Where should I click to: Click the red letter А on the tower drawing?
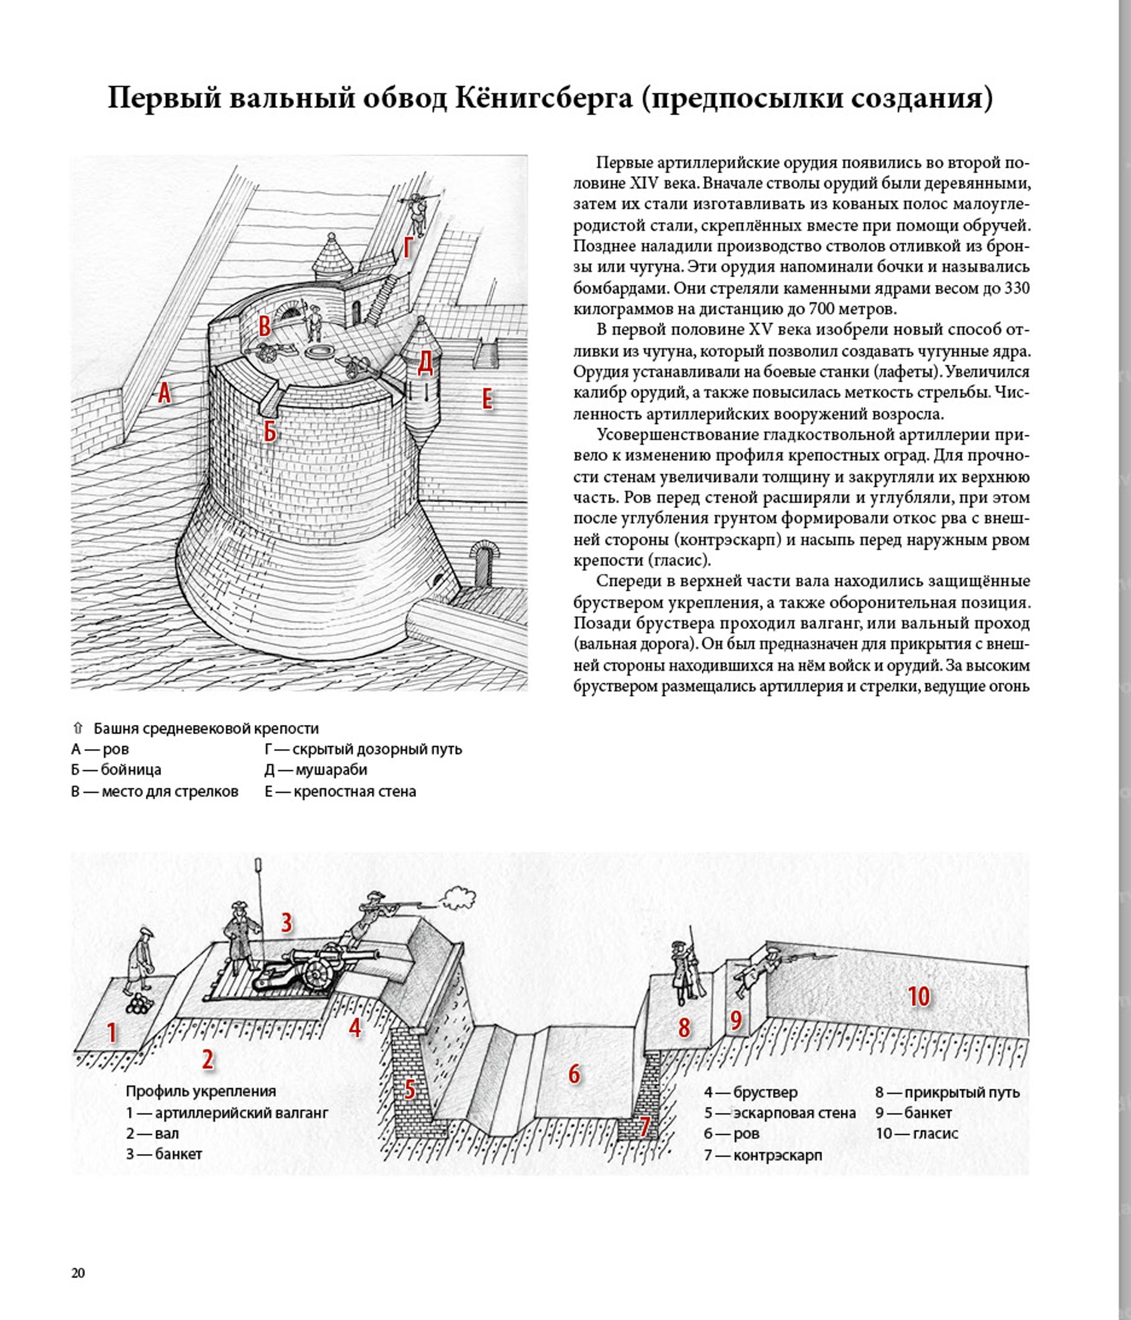(164, 393)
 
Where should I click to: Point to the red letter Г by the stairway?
(408, 248)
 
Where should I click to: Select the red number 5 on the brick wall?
(410, 1089)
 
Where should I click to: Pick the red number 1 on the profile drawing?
(112, 1032)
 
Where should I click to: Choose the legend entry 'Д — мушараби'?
(316, 770)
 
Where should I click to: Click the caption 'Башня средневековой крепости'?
(206, 728)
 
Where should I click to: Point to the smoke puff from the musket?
(458, 898)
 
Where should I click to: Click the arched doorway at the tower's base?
(482, 565)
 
